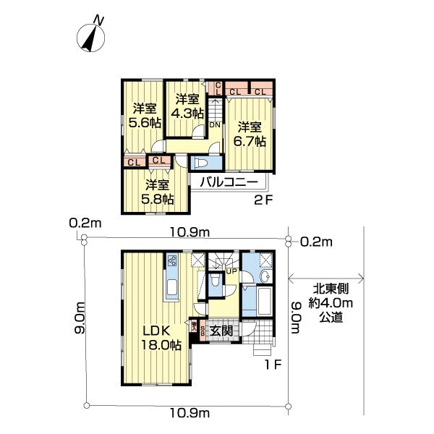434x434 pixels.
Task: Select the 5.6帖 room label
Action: (144, 116)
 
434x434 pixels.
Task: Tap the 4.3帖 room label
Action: (186, 106)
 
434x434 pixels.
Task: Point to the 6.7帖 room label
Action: (250, 132)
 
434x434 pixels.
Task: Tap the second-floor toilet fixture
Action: (200, 163)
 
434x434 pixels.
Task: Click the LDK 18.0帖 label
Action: (156, 338)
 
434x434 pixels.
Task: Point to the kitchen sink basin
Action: (174, 290)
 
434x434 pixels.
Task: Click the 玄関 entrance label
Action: (221, 331)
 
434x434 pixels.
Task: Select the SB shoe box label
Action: (203, 330)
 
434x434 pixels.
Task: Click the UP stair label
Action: (231, 271)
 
